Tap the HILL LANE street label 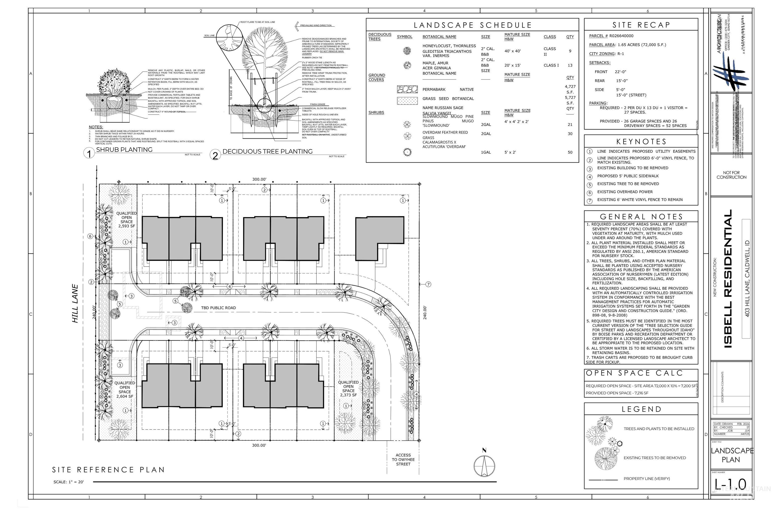[75, 303]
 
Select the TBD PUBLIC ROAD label [218, 308]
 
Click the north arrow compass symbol [484, 464]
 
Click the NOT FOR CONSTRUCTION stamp [731, 175]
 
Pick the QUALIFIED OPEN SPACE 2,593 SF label [126, 219]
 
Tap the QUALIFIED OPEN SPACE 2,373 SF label [348, 389]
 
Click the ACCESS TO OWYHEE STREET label [403, 459]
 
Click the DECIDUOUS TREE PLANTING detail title [267, 151]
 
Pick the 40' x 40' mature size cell [512, 51]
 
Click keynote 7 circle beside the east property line [428, 284]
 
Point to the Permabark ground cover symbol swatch [407, 89]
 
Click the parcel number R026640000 [621, 36]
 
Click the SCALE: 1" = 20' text [69, 482]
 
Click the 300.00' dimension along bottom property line [259, 445]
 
